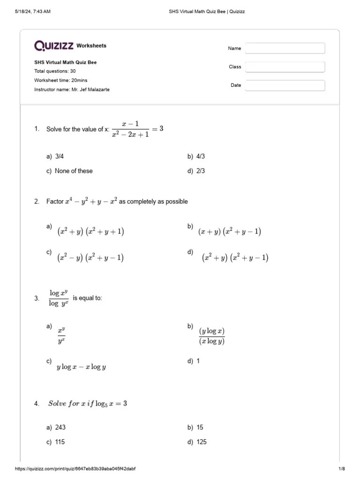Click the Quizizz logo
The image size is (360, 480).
coord(54,45)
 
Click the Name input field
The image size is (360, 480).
coord(285,48)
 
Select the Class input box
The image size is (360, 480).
coord(285,67)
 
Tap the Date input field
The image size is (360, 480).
coord(285,85)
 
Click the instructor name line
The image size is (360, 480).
coord(72,90)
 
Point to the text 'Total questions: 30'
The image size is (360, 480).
coord(55,71)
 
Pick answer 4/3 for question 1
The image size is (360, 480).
coord(200,156)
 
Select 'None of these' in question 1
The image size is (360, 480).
coord(74,171)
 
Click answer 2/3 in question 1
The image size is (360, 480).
coord(200,171)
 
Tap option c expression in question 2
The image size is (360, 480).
coord(90,258)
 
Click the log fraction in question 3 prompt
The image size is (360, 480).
coord(59,298)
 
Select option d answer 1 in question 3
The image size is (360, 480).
coord(198,361)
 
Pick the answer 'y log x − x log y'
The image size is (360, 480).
coord(81,367)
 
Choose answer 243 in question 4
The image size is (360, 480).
coord(60,427)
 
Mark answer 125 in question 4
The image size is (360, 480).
coord(201,442)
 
